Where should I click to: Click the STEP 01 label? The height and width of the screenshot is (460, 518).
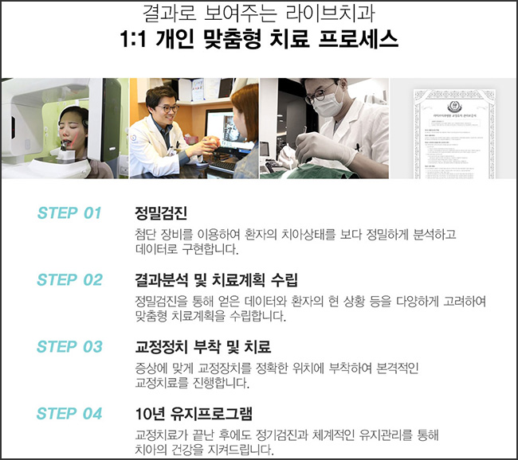click(69, 213)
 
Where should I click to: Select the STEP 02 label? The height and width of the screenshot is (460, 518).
click(69, 280)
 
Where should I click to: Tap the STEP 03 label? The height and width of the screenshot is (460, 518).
click(69, 347)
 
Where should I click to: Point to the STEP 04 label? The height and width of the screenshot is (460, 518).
click(69, 414)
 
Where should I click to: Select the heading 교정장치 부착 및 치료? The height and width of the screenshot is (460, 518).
click(203, 347)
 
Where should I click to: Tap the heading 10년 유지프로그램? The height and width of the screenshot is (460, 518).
click(194, 414)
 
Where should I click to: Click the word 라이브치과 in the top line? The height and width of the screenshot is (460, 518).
click(319, 14)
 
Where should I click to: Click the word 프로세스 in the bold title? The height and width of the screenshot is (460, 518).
click(363, 41)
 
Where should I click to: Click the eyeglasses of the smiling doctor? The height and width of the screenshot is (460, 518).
click(167, 108)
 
